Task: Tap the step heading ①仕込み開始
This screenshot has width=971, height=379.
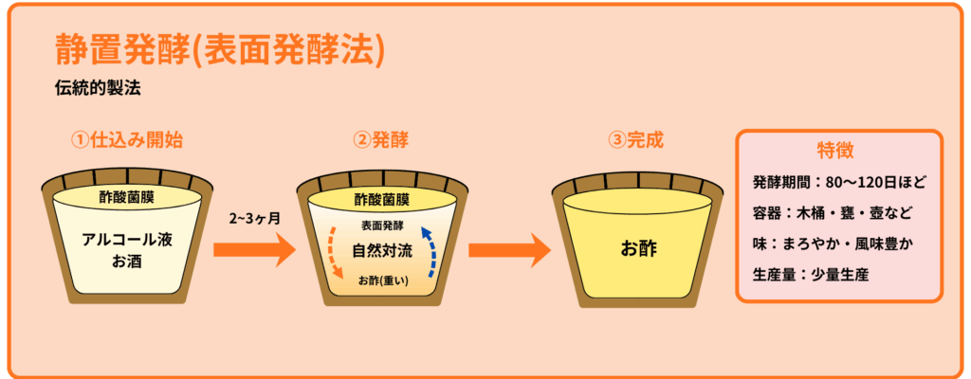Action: (127, 139)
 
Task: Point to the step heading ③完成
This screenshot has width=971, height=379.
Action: (635, 139)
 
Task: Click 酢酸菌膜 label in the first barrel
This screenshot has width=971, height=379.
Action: (127, 198)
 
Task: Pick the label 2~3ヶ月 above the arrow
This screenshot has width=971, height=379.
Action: (253, 217)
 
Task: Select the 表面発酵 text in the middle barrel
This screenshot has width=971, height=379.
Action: (382, 226)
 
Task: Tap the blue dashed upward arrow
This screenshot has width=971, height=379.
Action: (431, 251)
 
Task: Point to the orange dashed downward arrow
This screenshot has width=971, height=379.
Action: (334, 253)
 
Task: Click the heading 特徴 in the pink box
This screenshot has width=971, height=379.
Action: (839, 151)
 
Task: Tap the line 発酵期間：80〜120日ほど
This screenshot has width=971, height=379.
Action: (839, 182)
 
